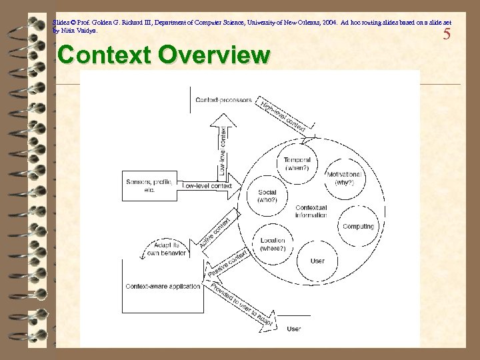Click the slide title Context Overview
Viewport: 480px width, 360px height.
[x=164, y=54]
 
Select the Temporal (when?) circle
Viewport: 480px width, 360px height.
[x=297, y=164]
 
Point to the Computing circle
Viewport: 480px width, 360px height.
[x=358, y=227]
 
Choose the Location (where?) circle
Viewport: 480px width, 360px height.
[x=273, y=244]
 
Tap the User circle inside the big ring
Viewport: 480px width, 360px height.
[x=317, y=260]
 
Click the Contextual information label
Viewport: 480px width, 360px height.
[x=311, y=212]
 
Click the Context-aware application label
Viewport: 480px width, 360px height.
[x=162, y=287]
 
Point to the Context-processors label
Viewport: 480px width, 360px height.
[x=224, y=100]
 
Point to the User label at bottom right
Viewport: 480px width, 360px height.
[x=293, y=329]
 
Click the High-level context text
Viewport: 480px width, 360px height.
[x=283, y=115]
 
